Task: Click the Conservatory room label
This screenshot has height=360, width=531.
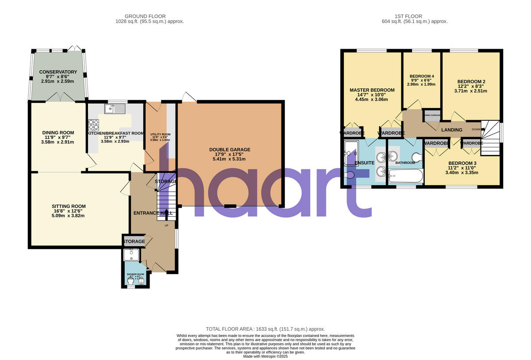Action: coord(58,72)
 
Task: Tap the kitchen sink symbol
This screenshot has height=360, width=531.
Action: coord(115,108)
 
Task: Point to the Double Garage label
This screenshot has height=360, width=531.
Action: coord(230,149)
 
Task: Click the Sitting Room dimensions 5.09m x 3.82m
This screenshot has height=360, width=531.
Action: coord(68,215)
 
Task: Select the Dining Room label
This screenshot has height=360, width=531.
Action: coord(58,133)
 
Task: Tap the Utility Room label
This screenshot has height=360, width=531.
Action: coord(160,134)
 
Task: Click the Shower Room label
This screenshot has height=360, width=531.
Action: coord(135,274)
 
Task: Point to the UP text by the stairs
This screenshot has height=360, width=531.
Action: coord(167,226)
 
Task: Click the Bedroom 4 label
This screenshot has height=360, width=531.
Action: coord(421,76)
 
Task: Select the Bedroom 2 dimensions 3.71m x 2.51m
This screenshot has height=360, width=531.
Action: coord(471,91)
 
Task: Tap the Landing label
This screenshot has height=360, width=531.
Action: coord(451,130)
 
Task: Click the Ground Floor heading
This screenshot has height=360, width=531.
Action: coord(150,16)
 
